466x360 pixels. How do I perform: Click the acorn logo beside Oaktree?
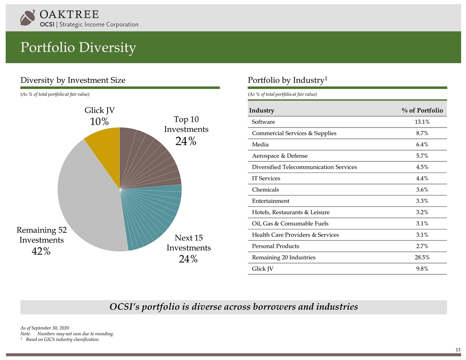(x=27, y=18)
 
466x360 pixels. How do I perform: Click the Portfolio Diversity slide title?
(x=78, y=47)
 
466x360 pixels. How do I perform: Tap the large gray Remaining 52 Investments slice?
(x=88, y=199)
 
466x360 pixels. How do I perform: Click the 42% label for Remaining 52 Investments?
(x=41, y=251)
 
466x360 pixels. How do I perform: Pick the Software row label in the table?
(x=263, y=122)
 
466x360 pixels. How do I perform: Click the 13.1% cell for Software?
(x=422, y=122)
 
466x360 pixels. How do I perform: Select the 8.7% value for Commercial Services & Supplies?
(x=422, y=133)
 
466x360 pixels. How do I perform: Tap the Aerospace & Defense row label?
(x=279, y=156)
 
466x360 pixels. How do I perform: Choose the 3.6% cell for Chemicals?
(x=422, y=190)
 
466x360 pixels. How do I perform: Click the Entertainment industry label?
(x=270, y=201)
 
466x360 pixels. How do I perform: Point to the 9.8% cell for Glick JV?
(x=422, y=269)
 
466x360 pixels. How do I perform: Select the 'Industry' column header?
(x=262, y=110)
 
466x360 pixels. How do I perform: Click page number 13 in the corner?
(x=457, y=350)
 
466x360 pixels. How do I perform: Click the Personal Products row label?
(x=275, y=246)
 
